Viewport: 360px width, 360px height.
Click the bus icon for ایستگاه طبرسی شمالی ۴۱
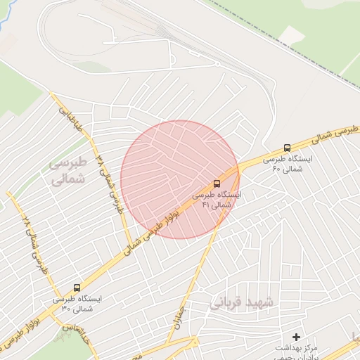point(217,184)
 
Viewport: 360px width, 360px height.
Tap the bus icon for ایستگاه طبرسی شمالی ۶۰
point(287,148)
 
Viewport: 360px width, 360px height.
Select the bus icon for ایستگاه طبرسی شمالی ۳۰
point(77,288)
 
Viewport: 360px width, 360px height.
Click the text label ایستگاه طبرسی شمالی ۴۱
point(217,199)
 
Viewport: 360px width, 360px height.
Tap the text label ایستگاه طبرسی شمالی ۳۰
point(77,303)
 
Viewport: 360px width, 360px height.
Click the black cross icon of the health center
point(296,337)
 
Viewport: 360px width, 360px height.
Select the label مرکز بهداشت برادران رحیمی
point(296,352)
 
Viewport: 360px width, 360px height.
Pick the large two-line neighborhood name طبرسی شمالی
point(67,171)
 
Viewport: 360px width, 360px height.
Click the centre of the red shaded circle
point(179,179)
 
